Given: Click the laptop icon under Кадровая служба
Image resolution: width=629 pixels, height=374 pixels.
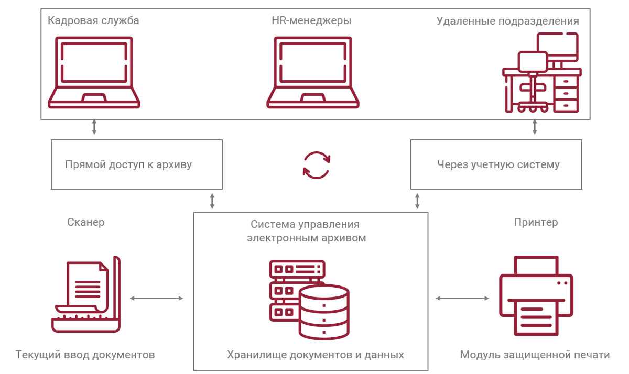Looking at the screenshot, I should click(x=94, y=72).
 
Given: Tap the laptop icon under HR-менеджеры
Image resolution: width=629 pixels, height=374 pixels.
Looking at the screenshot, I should click(x=313, y=72).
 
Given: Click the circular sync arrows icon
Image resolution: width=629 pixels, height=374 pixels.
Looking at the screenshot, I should click(x=317, y=165).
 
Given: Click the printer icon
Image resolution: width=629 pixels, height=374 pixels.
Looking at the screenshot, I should click(x=536, y=295).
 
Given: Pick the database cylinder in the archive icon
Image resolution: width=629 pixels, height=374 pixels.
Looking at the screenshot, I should click(x=324, y=312).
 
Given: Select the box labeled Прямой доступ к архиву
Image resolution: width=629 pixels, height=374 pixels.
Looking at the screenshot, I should click(x=137, y=164).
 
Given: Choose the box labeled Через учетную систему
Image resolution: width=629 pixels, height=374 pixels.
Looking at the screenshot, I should click(x=496, y=164).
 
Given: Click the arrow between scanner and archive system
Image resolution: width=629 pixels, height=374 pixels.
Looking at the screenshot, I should click(x=157, y=299).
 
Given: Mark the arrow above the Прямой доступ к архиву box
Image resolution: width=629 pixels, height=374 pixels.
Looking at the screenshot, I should click(x=94, y=127).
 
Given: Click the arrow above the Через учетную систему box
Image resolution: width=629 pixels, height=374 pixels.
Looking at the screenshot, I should click(x=535, y=127).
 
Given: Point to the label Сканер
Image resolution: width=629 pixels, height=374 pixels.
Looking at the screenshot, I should click(x=86, y=222).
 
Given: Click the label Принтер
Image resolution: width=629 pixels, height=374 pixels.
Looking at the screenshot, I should click(x=536, y=222).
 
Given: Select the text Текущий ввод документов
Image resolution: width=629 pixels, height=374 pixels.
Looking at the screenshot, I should click(x=85, y=355).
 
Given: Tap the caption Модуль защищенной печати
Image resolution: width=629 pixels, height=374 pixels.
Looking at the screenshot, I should click(x=535, y=355).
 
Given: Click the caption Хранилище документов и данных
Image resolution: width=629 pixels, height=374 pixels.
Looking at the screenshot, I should click(x=316, y=355).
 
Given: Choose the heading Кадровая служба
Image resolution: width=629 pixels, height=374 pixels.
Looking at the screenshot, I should click(x=93, y=21).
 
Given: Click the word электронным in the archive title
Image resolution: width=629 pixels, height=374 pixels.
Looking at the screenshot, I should click(x=283, y=238).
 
